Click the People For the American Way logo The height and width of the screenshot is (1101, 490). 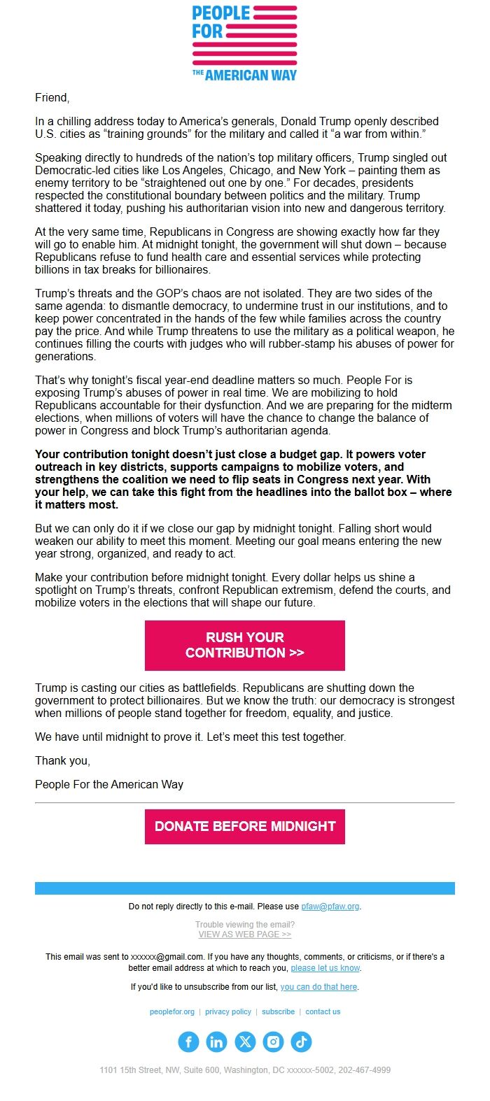[245, 43]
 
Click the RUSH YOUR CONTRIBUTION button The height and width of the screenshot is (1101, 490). [245, 645]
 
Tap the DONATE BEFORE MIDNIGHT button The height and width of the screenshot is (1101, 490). [245, 826]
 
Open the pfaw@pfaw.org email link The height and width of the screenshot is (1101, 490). [330, 907]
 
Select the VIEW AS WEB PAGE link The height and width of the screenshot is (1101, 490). [245, 934]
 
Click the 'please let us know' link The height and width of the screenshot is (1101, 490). [325, 968]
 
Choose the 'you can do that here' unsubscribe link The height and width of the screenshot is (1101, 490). [319, 987]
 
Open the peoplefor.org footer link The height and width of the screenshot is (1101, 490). [172, 1011]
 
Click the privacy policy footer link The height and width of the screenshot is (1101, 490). [228, 1011]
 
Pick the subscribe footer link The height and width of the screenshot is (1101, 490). [279, 1011]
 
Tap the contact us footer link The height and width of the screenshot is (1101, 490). [323, 1011]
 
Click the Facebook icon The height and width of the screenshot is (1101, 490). [188, 1042]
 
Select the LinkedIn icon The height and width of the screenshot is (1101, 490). [216, 1042]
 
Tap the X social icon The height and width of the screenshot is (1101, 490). [245, 1042]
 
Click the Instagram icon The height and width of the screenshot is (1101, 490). [273, 1042]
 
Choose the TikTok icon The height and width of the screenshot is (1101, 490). [301, 1042]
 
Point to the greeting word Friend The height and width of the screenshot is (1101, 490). [52, 98]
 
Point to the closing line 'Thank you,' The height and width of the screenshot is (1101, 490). [63, 760]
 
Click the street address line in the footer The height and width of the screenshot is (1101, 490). [245, 1070]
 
